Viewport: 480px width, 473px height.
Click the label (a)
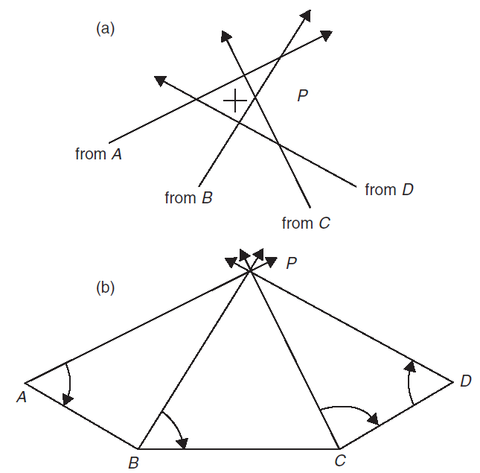(x=105, y=28)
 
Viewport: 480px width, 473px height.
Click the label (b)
(x=105, y=287)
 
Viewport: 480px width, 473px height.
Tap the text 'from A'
(x=98, y=154)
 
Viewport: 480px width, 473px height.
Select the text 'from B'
(x=189, y=198)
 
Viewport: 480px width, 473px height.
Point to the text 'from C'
(x=306, y=223)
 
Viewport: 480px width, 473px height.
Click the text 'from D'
(x=389, y=190)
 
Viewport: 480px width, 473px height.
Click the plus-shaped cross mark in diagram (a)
(x=235, y=100)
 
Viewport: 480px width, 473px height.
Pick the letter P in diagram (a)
(x=303, y=96)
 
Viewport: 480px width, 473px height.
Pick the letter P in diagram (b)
(x=292, y=262)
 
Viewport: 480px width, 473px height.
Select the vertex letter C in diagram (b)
(x=340, y=462)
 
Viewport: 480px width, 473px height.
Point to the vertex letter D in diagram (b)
(x=465, y=381)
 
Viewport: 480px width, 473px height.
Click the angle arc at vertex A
(x=69, y=384)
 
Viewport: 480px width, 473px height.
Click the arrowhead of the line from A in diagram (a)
(x=326, y=35)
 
